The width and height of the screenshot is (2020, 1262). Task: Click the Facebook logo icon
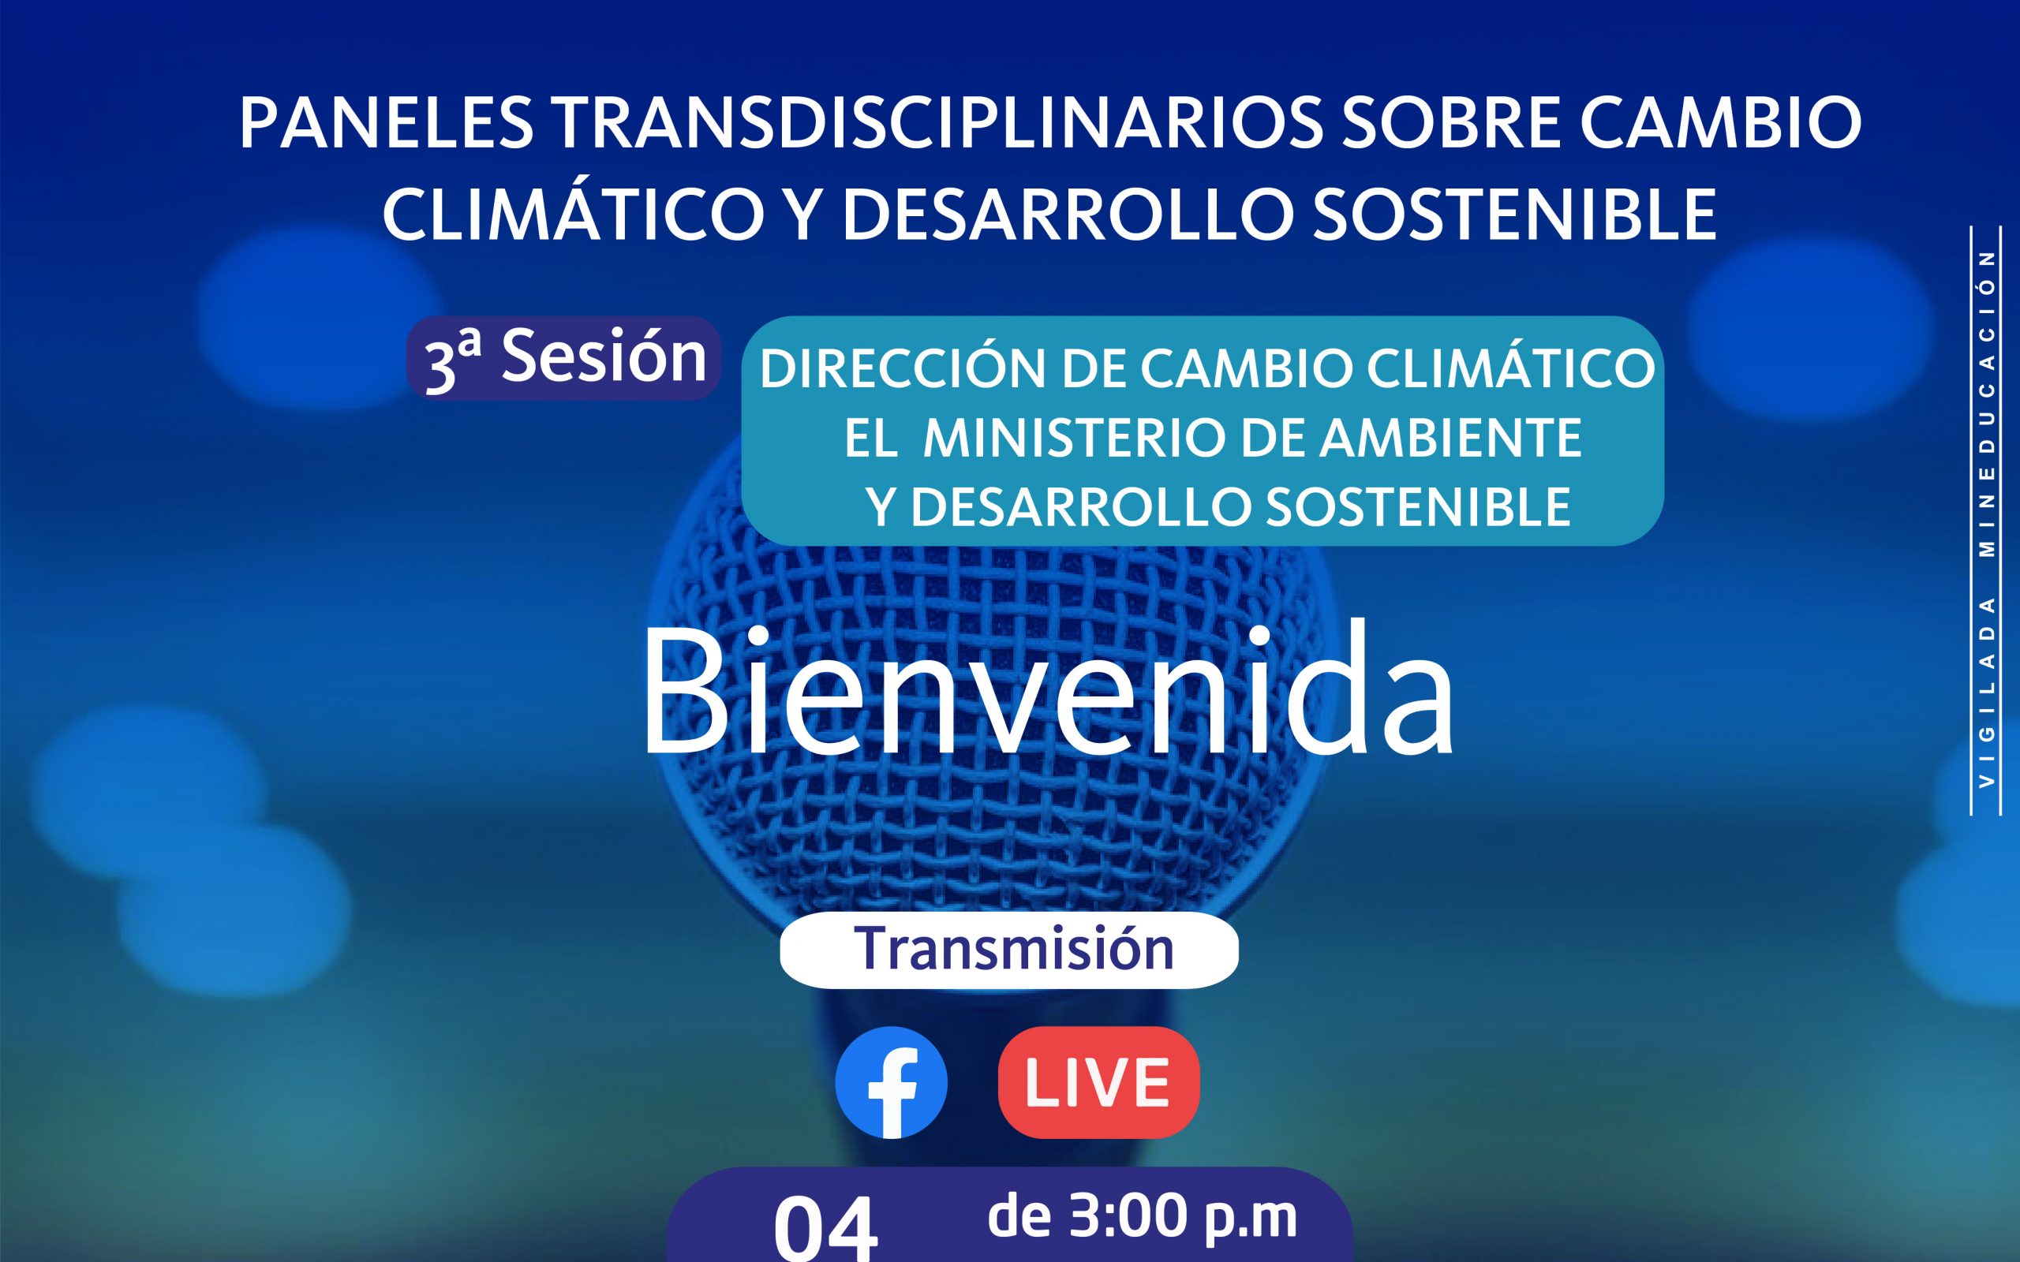point(891,1081)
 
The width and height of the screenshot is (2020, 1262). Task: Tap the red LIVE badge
point(1098,1081)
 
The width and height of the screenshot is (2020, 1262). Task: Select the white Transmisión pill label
point(1009,950)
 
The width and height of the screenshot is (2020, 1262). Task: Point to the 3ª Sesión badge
point(563,358)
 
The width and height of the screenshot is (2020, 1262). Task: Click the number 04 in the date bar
point(825,1228)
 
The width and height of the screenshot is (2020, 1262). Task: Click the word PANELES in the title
point(387,123)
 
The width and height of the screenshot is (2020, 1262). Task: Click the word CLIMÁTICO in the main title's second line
point(567,214)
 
